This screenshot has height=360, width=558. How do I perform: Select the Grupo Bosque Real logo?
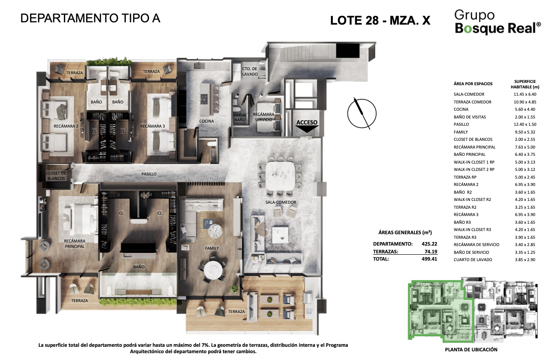(x=497, y=22)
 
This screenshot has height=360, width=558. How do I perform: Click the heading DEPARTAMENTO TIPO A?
(x=91, y=19)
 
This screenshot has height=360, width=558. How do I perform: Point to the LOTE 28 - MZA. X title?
(x=380, y=21)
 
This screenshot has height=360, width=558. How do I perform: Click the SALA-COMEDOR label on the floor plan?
(x=281, y=202)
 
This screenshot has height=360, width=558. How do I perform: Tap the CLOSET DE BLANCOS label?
(x=56, y=176)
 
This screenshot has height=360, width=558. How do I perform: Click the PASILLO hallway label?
(x=149, y=174)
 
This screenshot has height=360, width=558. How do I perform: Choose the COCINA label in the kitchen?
(x=207, y=121)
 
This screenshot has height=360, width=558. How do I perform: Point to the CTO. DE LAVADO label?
(x=250, y=71)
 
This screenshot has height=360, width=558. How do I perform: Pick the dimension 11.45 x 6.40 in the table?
(x=524, y=94)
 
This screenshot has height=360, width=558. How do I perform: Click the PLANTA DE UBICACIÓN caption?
(x=471, y=350)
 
